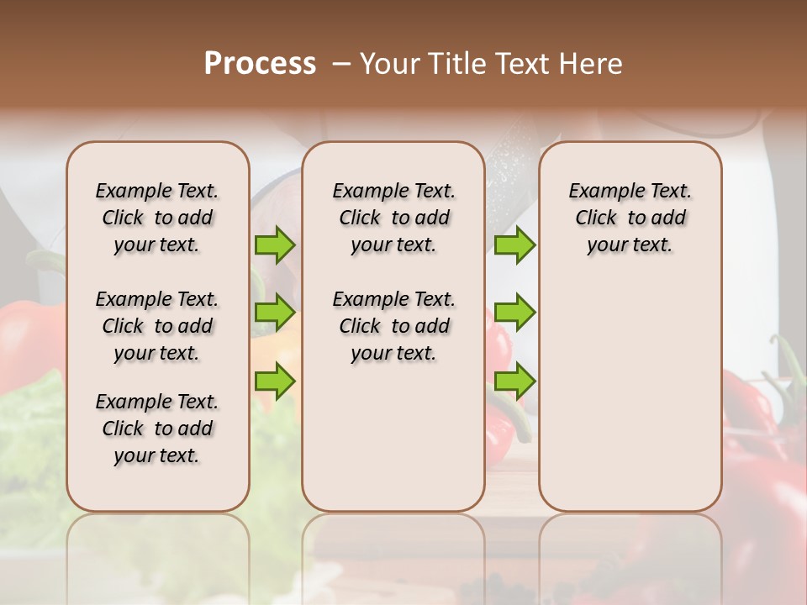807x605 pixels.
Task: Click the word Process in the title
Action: (260, 63)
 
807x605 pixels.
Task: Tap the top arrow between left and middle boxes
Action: (275, 245)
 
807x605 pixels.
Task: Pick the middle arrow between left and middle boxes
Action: (275, 313)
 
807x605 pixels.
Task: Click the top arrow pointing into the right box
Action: (514, 245)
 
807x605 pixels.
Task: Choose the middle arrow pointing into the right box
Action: (514, 313)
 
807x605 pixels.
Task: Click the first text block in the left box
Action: (157, 218)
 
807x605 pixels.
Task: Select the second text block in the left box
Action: (157, 326)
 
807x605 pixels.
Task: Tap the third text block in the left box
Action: (157, 429)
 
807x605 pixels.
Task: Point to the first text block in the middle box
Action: (393, 218)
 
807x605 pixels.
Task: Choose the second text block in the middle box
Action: (393, 326)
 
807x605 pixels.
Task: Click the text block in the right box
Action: (630, 218)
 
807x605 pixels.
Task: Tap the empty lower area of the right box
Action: (630, 387)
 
